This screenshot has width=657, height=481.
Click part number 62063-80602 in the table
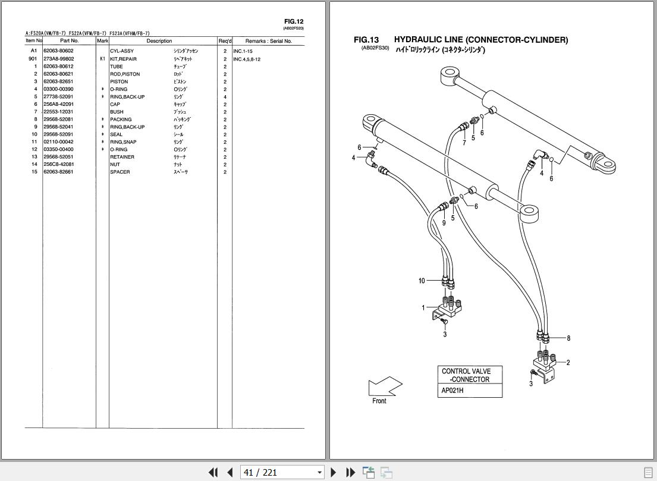tap(58, 51)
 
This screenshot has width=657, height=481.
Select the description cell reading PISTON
tap(119, 81)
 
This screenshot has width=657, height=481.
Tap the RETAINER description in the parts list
tap(122, 157)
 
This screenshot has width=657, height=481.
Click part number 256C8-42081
tap(58, 164)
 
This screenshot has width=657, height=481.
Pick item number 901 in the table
tap(33, 59)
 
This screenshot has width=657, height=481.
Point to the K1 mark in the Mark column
tap(102, 59)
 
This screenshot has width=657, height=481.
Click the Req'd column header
tap(225, 41)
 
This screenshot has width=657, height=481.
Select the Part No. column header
tap(69, 41)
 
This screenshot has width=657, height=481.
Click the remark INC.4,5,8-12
tap(247, 59)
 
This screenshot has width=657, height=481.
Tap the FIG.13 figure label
tap(366, 40)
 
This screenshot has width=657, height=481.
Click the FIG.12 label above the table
tap(294, 21)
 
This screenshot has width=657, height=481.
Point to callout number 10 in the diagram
tap(422, 281)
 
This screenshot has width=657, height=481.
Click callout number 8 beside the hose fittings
tap(568, 338)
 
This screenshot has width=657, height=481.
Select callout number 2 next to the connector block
tap(568, 363)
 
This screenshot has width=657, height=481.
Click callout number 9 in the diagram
tap(444, 223)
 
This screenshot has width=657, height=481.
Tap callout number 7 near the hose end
tap(464, 143)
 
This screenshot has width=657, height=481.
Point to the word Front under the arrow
tap(379, 401)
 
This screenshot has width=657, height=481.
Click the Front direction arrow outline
tap(385, 386)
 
